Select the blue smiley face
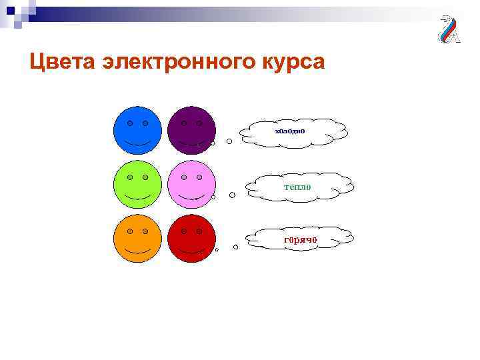137,130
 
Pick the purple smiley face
191,130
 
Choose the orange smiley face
137,238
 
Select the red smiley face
191,238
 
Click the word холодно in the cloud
290,131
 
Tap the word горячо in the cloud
300,239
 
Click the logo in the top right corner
448,29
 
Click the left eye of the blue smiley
130,123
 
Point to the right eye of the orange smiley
145,231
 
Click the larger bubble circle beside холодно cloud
229,141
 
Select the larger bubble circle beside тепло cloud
232,195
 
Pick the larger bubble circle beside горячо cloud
235,247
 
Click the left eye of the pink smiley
184,177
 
